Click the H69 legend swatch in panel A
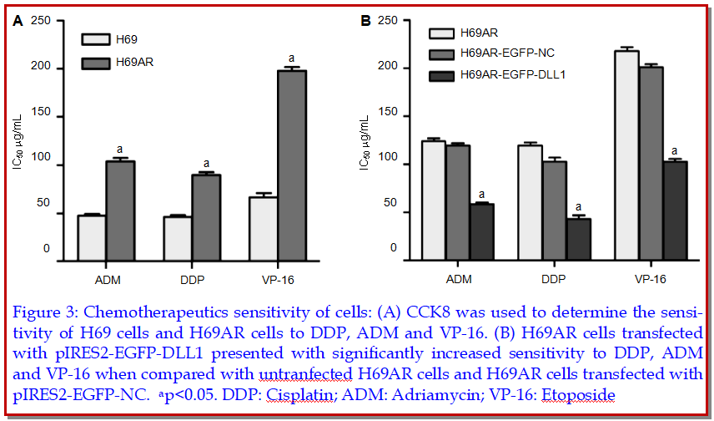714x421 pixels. (x=96, y=39)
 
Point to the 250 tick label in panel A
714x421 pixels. (x=41, y=20)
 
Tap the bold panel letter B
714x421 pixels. (x=365, y=19)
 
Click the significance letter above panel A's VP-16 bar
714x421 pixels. (x=292, y=58)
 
